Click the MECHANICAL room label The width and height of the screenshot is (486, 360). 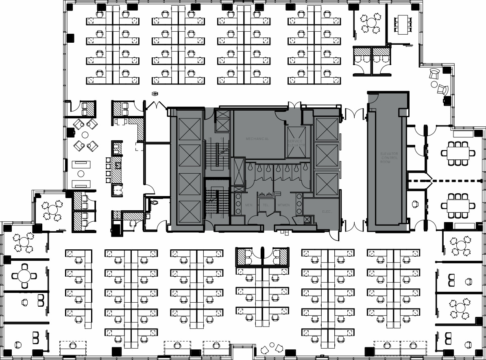[x=257, y=139]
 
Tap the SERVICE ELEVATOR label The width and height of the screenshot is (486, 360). [x=296, y=143]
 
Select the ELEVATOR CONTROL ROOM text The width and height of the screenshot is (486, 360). [x=389, y=158]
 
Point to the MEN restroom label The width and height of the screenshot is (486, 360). [x=249, y=205]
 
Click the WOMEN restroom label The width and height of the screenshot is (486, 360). [x=283, y=205]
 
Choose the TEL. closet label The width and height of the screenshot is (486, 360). [x=266, y=205]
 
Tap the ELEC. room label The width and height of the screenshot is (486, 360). [x=326, y=212]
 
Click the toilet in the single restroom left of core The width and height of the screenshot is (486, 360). [x=154, y=201]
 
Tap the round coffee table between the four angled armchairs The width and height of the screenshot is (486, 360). [x=85, y=134]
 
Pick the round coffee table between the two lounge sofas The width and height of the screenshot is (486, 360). [x=81, y=174]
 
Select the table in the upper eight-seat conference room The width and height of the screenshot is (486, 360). [x=458, y=153]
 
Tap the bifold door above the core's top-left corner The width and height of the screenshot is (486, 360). [x=155, y=105]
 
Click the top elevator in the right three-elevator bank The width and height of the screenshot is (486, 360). [x=327, y=129]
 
